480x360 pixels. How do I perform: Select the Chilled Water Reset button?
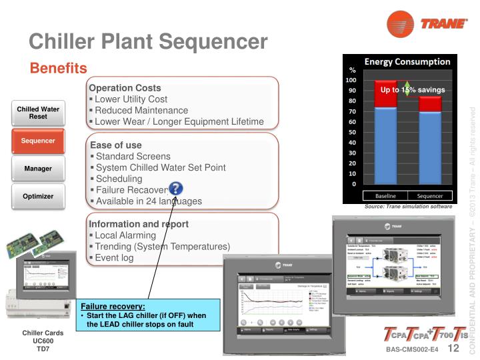[38, 113]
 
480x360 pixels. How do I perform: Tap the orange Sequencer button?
[38, 141]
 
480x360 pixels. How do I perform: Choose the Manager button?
[38, 169]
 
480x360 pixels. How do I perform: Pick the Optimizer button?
[38, 197]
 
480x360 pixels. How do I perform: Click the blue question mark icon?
[175, 189]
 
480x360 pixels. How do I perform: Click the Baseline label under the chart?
[385, 196]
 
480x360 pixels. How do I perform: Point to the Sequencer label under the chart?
[429, 196]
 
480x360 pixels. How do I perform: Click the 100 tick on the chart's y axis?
[351, 80]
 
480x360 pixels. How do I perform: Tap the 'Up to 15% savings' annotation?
[412, 90]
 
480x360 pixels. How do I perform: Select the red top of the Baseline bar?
[385, 94]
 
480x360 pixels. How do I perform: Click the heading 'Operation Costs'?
[125, 87]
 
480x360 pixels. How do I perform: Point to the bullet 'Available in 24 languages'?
[148, 201]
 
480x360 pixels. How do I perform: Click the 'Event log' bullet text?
[114, 257]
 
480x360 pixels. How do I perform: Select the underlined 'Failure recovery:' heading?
[113, 305]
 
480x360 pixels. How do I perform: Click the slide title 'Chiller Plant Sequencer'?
[148, 41]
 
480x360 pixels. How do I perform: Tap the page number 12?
[453, 349]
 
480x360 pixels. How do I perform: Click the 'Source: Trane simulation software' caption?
[408, 207]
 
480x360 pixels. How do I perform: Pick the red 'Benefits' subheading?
[58, 68]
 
